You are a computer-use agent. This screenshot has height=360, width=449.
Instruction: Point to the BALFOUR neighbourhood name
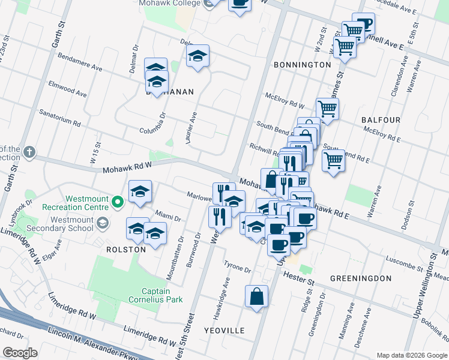click(x=381, y=120)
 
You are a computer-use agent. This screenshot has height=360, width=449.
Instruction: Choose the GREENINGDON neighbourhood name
click(x=360, y=278)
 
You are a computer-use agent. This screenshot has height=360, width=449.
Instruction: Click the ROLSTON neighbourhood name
click(x=126, y=249)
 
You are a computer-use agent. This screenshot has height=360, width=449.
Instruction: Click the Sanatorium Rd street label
click(x=59, y=116)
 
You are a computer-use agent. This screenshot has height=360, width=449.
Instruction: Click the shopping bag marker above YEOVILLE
click(x=256, y=296)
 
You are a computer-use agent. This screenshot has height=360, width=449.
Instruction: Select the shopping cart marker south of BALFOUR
click(x=333, y=160)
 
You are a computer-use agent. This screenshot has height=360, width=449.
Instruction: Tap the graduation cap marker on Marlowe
click(x=140, y=191)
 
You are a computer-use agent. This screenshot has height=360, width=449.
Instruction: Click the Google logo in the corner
click(x=20, y=353)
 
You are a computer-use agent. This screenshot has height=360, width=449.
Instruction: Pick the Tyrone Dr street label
click(x=237, y=267)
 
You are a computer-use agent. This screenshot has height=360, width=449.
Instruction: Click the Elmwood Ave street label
click(x=68, y=91)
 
